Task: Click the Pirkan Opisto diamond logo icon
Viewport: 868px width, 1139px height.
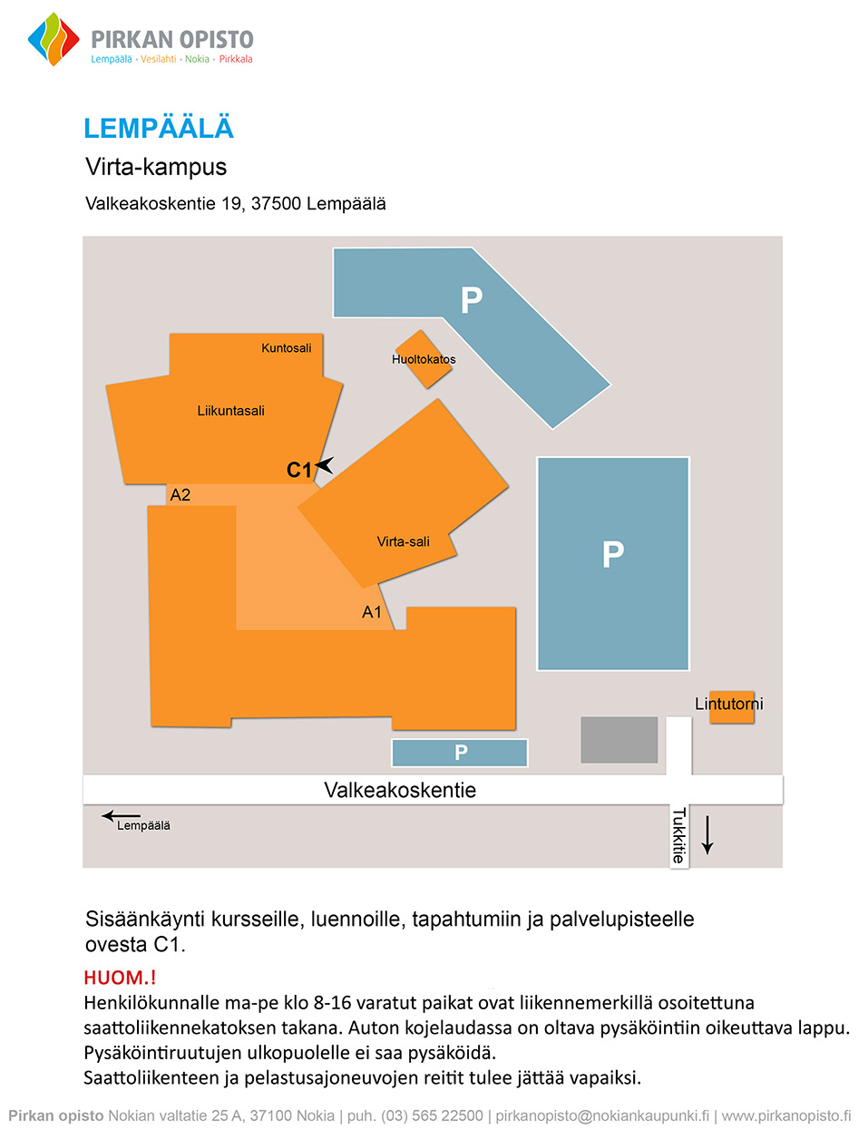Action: pyautogui.click(x=54, y=39)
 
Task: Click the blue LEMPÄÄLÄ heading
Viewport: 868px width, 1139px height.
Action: pyautogui.click(x=159, y=128)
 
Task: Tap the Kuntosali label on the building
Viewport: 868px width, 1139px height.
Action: pyautogui.click(x=286, y=348)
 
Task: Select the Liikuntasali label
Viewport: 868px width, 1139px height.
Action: pyautogui.click(x=231, y=411)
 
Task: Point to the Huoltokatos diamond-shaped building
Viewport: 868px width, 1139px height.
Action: pyautogui.click(x=424, y=359)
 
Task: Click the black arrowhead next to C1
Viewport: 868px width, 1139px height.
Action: pyautogui.click(x=325, y=465)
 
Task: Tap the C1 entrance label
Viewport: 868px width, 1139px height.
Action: pyautogui.click(x=298, y=470)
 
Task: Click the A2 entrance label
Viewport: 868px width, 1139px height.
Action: pyautogui.click(x=180, y=494)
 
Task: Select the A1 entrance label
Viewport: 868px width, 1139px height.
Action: pyautogui.click(x=372, y=612)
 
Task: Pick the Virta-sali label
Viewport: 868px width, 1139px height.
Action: pyautogui.click(x=403, y=541)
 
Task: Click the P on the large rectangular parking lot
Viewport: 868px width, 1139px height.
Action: pyautogui.click(x=613, y=554)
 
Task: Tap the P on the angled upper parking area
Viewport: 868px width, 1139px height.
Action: pyautogui.click(x=472, y=300)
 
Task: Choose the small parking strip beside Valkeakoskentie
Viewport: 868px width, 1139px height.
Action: pyautogui.click(x=460, y=753)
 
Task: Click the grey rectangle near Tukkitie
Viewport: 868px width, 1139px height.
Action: pyautogui.click(x=619, y=740)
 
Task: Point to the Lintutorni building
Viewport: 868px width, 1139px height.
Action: pyautogui.click(x=732, y=707)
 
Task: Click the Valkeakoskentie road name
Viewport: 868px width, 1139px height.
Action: pyautogui.click(x=400, y=790)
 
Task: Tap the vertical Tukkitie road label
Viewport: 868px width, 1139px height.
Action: pyautogui.click(x=679, y=835)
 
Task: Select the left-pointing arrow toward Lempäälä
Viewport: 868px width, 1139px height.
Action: pyautogui.click(x=121, y=816)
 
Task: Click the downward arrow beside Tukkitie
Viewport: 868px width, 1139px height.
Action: pyautogui.click(x=707, y=835)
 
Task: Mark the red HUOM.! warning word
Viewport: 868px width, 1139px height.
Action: pyautogui.click(x=120, y=978)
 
